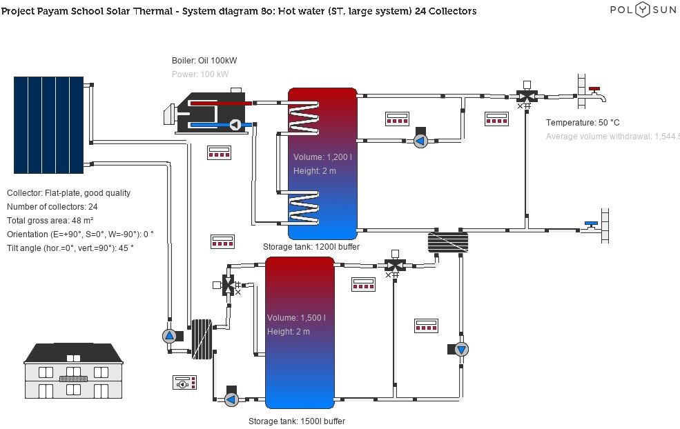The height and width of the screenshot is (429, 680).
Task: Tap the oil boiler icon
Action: click(211, 112)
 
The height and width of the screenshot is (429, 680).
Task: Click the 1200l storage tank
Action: click(322, 163)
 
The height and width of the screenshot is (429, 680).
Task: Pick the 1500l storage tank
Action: click(300, 332)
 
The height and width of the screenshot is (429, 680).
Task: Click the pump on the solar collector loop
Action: click(170, 336)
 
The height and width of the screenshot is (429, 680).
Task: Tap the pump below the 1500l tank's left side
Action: click(231, 399)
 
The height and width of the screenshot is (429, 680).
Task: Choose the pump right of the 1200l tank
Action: click(420, 141)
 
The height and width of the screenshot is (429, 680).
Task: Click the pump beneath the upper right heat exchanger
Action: click(461, 349)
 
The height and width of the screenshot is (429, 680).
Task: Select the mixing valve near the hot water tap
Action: click(527, 96)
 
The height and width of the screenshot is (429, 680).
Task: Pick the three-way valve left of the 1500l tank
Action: click(228, 285)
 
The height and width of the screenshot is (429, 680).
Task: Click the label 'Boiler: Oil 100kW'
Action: click(204, 61)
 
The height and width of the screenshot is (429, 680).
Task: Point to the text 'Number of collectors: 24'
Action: click(52, 207)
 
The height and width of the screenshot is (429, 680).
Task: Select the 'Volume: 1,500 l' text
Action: click(296, 318)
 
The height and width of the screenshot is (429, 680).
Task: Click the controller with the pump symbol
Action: click(184, 382)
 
